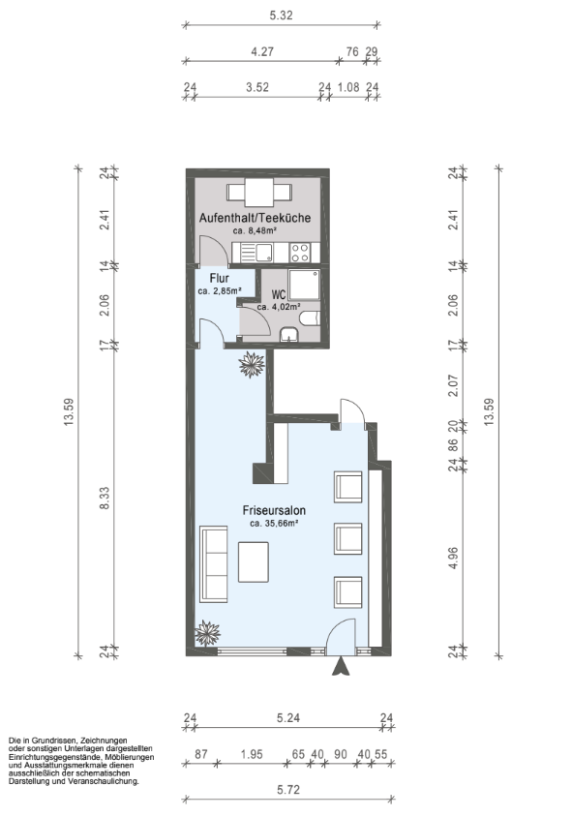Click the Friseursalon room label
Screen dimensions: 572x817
click(x=274, y=511)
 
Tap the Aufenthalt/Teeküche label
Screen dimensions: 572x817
click(x=255, y=218)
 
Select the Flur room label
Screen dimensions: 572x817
click(x=220, y=278)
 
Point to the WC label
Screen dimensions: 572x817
click(x=279, y=295)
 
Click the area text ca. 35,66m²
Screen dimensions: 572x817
click(x=274, y=524)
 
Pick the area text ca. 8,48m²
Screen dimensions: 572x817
click(x=255, y=230)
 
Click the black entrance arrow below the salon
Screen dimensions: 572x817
click(x=341, y=666)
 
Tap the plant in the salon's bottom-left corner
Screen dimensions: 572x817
click(x=207, y=633)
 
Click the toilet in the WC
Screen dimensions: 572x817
click(x=310, y=318)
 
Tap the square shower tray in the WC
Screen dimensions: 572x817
click(x=304, y=284)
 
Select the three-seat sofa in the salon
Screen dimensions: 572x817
click(x=214, y=564)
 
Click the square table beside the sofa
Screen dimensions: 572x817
click(x=254, y=562)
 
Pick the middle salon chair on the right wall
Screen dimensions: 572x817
click(x=348, y=539)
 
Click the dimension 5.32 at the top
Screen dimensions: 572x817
click(x=282, y=15)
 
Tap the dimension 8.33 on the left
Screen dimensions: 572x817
click(x=105, y=499)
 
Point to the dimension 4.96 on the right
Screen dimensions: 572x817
click(x=453, y=558)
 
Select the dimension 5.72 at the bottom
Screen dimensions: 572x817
click(x=288, y=790)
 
